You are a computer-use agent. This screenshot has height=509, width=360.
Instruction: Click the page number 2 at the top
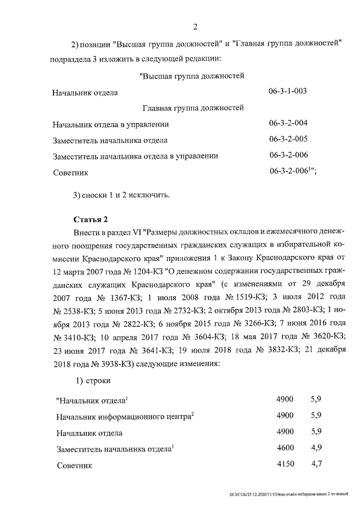pyautogui.click(x=195, y=26)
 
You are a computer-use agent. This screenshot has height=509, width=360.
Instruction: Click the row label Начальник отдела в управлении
pyautogui.click(x=110, y=124)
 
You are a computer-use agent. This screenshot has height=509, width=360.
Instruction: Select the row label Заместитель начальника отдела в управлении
pyautogui.click(x=135, y=156)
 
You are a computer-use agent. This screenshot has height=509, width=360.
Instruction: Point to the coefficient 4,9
pyautogui.click(x=316, y=448)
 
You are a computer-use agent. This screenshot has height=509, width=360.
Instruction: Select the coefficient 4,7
pyautogui.click(x=316, y=465)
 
